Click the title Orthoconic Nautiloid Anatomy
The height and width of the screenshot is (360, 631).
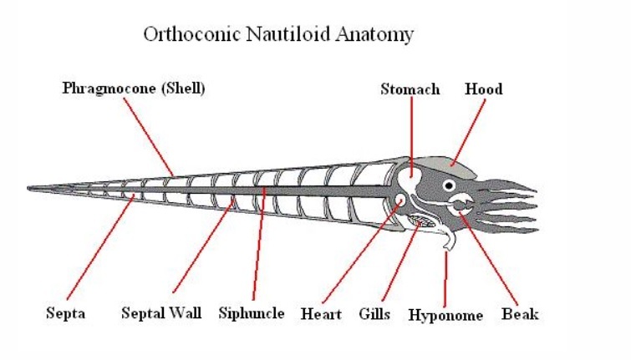[x=278, y=34]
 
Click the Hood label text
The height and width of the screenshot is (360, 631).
[x=484, y=89]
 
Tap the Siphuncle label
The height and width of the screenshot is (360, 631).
[x=252, y=314]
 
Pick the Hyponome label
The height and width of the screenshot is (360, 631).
[x=445, y=315]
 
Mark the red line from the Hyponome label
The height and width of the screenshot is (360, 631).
[x=445, y=280]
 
